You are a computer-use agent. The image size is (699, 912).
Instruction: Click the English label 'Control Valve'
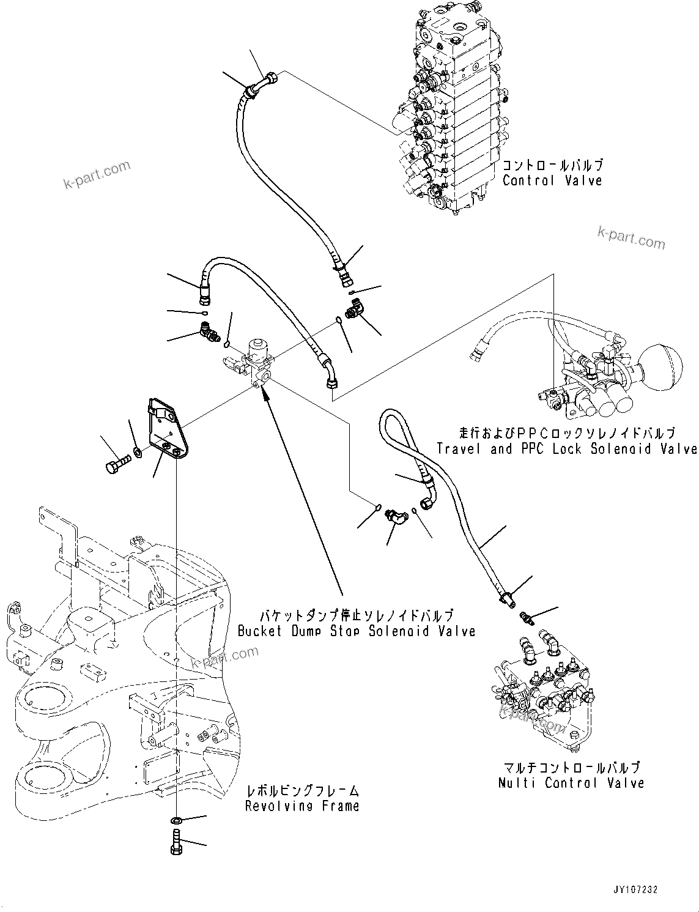552,180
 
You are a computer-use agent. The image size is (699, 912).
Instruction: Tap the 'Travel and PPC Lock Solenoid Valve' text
567,449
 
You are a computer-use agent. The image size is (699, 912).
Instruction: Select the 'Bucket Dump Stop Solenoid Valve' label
357,631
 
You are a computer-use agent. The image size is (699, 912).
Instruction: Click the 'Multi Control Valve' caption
571,783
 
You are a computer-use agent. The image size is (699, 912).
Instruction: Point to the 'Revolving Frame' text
302,806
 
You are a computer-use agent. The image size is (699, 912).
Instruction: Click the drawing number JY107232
634,890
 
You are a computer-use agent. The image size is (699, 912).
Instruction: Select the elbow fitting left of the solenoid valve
209,333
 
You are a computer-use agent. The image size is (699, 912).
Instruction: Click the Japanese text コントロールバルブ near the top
552,165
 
